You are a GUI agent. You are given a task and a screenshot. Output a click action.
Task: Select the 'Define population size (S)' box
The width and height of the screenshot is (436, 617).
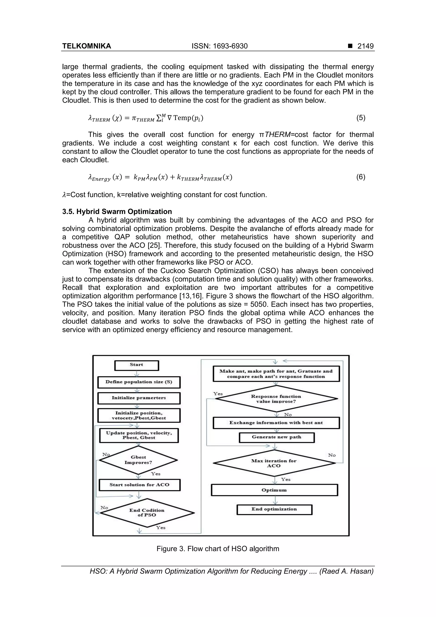pos(139,382)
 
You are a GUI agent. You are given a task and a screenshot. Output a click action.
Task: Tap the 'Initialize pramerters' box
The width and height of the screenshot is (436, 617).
pos(139,398)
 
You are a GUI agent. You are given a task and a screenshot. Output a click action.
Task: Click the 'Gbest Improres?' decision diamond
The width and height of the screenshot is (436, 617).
pos(138,460)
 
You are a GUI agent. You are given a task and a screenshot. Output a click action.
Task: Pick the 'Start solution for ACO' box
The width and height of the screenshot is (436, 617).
pos(139,485)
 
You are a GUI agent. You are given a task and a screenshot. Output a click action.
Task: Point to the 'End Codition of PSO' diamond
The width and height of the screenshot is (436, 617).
pos(147,513)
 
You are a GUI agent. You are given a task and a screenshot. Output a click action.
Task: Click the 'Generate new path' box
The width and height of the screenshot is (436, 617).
pos(276,437)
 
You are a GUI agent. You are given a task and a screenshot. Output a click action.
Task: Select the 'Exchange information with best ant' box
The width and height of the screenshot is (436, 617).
pos(276,423)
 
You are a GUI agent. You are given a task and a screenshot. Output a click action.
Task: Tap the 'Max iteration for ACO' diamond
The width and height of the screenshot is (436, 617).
pos(274,463)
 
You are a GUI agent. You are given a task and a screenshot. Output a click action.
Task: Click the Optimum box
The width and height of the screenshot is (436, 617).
pos(274,490)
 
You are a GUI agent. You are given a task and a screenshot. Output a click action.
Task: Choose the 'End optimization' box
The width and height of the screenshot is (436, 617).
pos(274,509)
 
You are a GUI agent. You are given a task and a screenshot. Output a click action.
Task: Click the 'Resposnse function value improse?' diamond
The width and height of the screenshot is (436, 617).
pos(276,399)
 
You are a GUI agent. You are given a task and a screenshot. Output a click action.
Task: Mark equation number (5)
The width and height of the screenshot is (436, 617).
pos(360,118)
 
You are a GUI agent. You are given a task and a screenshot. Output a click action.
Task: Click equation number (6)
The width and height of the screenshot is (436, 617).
pos(360,177)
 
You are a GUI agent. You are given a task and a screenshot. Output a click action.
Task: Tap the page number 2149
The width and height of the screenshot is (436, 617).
pos(365,46)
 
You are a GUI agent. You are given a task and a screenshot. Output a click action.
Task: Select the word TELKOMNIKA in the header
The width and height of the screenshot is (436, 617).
pos(86,46)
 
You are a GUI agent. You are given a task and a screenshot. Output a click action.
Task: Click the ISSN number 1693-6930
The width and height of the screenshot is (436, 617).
pos(230,46)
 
